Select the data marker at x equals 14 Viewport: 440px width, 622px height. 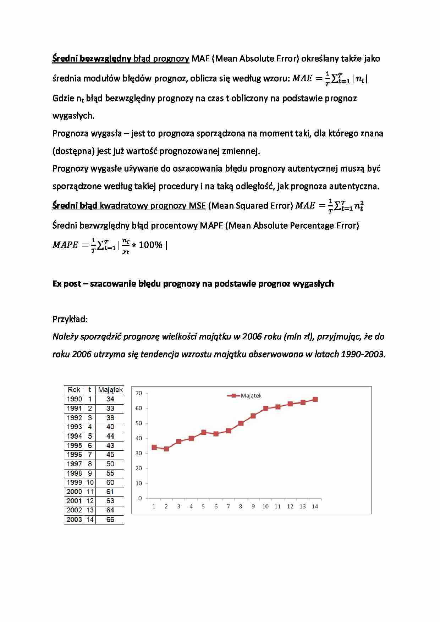pyautogui.click(x=315, y=400)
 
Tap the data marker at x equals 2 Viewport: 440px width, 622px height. pyautogui.click(x=166, y=449)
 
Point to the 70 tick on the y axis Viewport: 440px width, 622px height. pyautogui.click(x=139, y=393)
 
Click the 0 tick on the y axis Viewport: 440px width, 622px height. pyautogui.click(x=140, y=498)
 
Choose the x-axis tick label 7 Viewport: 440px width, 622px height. pyautogui.click(x=228, y=506)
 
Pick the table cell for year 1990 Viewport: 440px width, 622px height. pyautogui.click(x=74, y=399)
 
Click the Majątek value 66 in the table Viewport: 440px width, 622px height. pyautogui.click(x=110, y=520)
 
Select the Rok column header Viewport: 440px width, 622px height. pyautogui.click(x=74, y=390)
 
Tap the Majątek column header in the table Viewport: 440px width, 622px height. pyautogui.click(x=110, y=390)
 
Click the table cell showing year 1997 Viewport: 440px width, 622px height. pyautogui.click(x=74, y=464)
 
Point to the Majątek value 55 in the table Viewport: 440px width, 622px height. pyautogui.click(x=110, y=473)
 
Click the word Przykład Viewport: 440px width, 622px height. pyautogui.click(x=70, y=319)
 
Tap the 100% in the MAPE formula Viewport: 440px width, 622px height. pyautogui.click(x=150, y=245)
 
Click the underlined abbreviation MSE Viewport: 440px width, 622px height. pyautogui.click(x=197, y=206)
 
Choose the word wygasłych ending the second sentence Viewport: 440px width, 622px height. pyautogui.click(x=73, y=116)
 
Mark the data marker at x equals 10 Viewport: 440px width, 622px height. pyautogui.click(x=265, y=409)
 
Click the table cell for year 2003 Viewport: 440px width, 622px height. pyautogui.click(x=74, y=520)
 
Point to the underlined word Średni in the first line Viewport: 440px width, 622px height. pyautogui.click(x=65, y=59)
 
